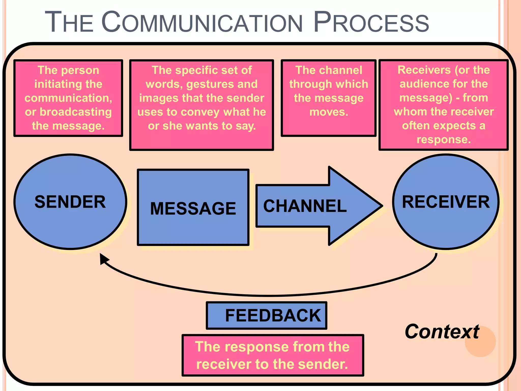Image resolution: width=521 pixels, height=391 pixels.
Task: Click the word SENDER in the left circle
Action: click(70, 202)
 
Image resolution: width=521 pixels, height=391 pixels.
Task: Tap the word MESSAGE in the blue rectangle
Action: click(193, 208)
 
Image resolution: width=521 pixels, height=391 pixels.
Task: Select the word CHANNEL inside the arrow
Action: click(305, 206)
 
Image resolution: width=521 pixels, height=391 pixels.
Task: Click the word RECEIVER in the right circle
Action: click(446, 202)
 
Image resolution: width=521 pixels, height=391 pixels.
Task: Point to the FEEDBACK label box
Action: click(267, 316)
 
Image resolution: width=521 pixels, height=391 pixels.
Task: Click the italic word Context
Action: click(442, 331)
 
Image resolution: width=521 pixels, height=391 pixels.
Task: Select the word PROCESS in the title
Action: click(371, 22)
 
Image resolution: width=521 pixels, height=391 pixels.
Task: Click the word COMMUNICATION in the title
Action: click(202, 22)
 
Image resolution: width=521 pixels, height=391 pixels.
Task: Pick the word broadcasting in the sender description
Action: click(76, 112)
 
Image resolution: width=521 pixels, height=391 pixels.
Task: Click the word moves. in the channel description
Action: click(329, 112)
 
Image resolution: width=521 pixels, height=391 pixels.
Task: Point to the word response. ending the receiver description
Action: click(444, 139)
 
